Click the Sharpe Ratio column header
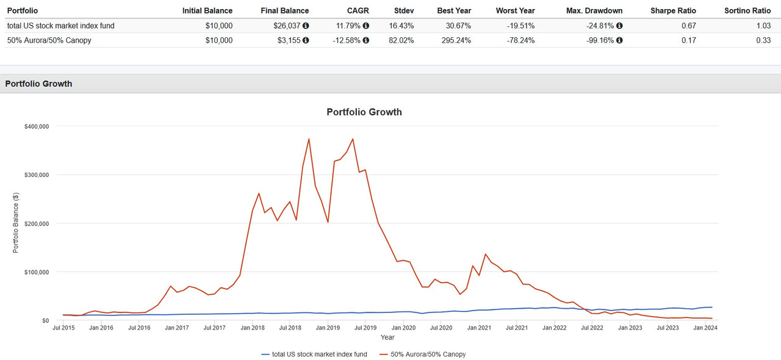(x=673, y=10)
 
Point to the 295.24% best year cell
(x=455, y=40)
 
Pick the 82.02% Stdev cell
(x=401, y=40)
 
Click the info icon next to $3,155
(x=306, y=40)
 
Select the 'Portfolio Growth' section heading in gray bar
(x=38, y=84)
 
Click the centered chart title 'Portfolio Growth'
(x=364, y=112)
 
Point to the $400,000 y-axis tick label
(x=37, y=126)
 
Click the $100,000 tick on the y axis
(x=37, y=272)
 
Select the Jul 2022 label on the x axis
(x=592, y=328)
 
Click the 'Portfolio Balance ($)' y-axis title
(x=16, y=223)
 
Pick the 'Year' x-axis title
(x=387, y=337)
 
